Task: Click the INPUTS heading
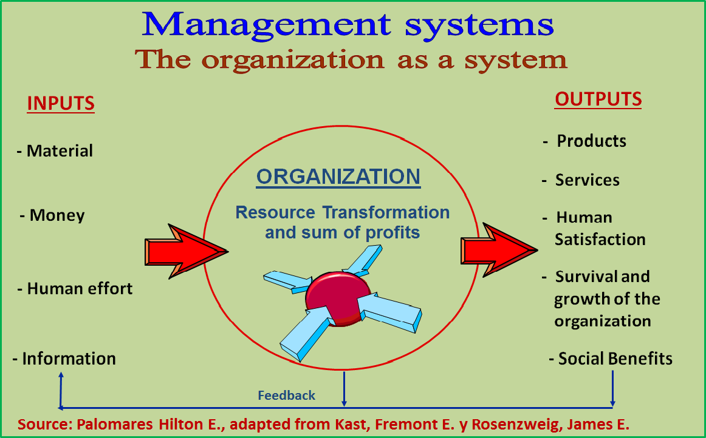(61, 103)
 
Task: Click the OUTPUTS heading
(598, 99)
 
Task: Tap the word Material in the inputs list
(60, 150)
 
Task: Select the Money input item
(57, 215)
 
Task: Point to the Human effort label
(80, 288)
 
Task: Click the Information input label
(69, 359)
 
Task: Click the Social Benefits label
(615, 359)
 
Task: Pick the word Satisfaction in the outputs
(600, 239)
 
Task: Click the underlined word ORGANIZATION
(338, 177)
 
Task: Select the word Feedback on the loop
(287, 396)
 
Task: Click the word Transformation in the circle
(385, 213)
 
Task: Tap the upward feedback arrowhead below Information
(60, 377)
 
